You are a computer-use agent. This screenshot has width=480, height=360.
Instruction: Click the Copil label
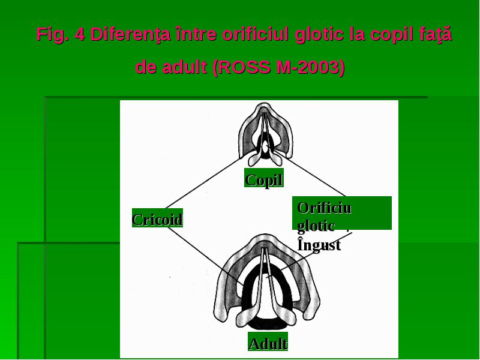(x=264, y=179)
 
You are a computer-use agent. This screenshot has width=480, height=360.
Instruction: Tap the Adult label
(x=268, y=343)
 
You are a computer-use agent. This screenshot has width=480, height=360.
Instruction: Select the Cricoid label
(x=157, y=219)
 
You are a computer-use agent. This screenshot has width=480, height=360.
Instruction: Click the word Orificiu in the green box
(x=325, y=208)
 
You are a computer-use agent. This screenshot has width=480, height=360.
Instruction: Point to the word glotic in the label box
(x=316, y=227)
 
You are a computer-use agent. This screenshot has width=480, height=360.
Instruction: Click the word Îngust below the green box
(x=319, y=245)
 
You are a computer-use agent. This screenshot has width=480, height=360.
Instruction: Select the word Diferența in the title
(x=130, y=35)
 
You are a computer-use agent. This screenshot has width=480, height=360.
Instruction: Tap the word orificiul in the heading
(x=256, y=34)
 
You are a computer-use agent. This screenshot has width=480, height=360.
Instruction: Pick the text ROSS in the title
(x=245, y=67)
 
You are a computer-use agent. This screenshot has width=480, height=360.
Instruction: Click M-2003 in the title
(x=308, y=67)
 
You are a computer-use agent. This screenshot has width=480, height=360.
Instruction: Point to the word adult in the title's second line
(x=184, y=67)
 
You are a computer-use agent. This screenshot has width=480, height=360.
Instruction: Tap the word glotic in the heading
(x=319, y=35)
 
